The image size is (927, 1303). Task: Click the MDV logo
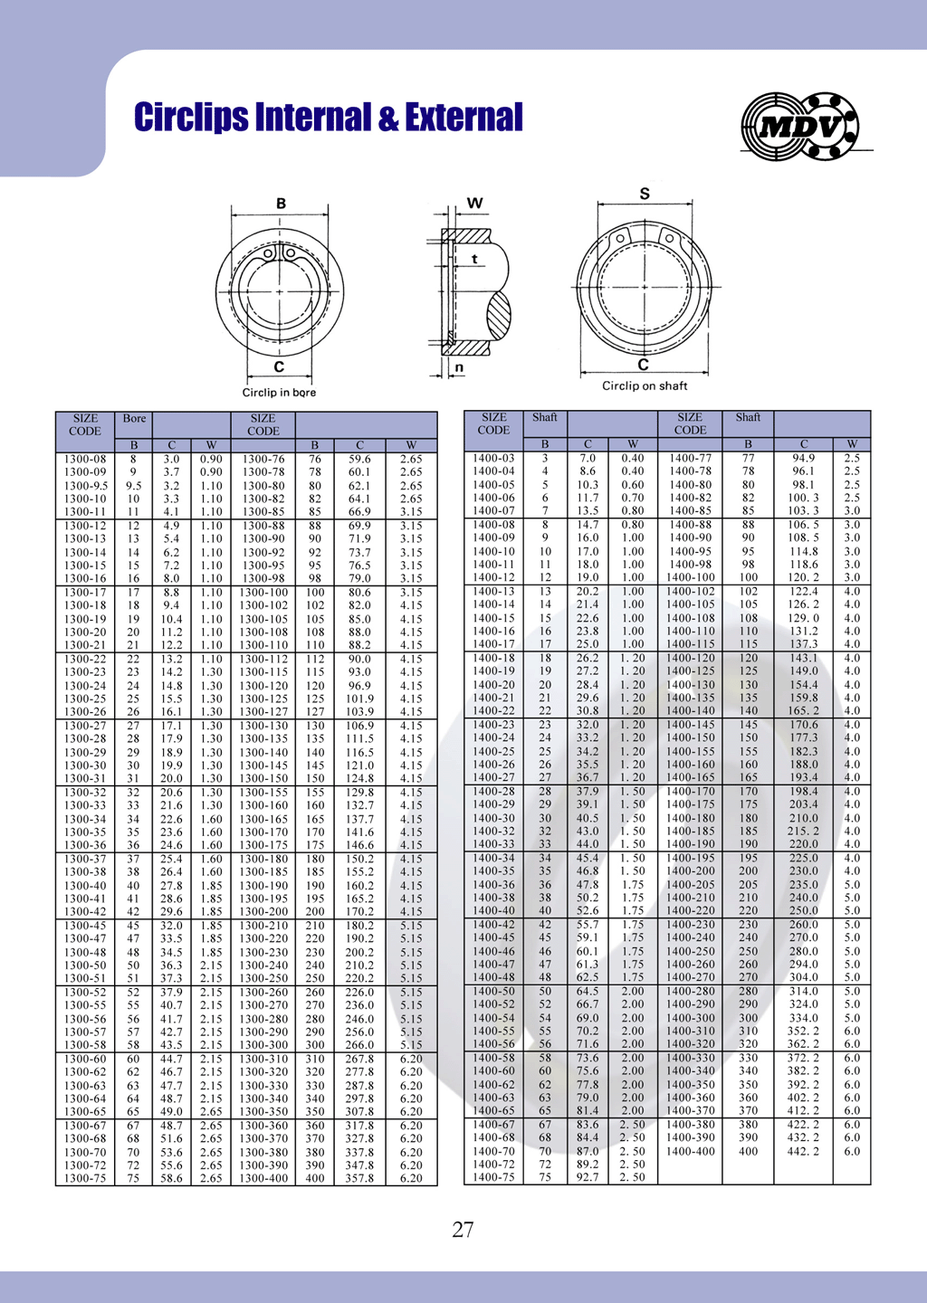click(x=799, y=127)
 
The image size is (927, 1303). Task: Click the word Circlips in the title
click(x=191, y=118)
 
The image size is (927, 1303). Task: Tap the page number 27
click(x=463, y=1229)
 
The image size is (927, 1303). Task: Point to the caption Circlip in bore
click(x=279, y=393)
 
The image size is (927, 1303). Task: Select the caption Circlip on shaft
click(x=645, y=385)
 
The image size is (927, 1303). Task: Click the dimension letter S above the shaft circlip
click(x=645, y=194)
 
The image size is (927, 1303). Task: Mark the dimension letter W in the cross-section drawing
click(x=474, y=203)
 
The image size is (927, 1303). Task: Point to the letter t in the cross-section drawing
click(x=474, y=259)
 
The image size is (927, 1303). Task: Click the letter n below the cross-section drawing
click(x=459, y=367)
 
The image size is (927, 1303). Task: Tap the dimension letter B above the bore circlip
click(x=281, y=204)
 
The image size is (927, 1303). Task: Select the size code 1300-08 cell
click(x=85, y=459)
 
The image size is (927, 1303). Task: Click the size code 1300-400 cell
click(x=263, y=1178)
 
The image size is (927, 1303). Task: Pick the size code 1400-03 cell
click(x=493, y=458)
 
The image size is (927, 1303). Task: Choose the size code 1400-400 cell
click(x=690, y=1151)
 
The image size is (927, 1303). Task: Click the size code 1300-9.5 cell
click(x=85, y=485)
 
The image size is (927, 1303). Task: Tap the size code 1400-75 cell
click(x=493, y=1177)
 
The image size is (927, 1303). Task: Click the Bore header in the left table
click(x=134, y=419)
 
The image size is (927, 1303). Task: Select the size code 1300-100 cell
click(x=263, y=593)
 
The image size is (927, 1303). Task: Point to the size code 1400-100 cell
click(x=690, y=577)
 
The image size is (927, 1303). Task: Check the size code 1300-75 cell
click(x=85, y=1178)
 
